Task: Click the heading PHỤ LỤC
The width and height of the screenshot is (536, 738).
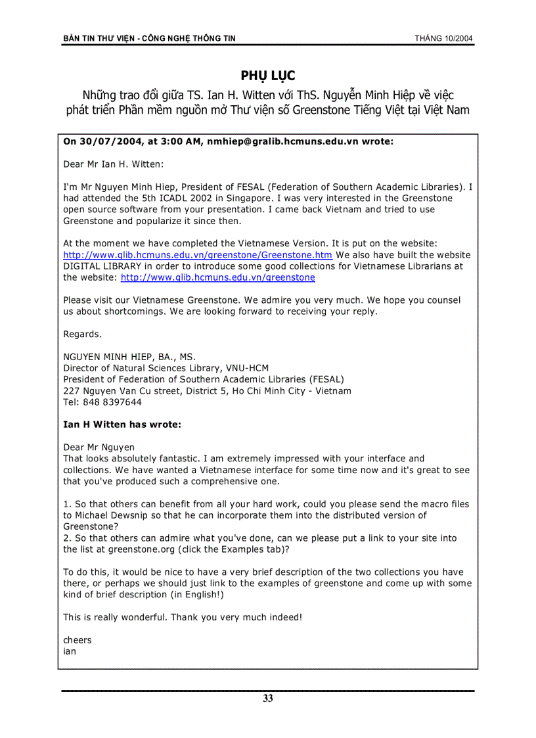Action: coord(268,76)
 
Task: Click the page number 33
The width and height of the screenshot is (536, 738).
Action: coord(268,699)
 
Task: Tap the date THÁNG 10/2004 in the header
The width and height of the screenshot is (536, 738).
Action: coord(443,39)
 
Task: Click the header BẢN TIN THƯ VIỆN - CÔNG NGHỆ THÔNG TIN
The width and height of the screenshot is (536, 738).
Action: coord(149,39)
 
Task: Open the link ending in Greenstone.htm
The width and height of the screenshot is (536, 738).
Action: coord(198,255)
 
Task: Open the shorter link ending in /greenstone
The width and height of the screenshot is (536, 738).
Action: coord(217,277)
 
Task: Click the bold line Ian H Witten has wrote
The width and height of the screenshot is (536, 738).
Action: coord(122,425)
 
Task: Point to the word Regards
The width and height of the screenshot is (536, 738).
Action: coord(82,334)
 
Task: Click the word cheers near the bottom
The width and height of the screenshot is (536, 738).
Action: coord(78,640)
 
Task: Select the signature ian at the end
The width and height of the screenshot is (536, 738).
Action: coord(70,651)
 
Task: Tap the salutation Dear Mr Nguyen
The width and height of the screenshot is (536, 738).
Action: coord(99,448)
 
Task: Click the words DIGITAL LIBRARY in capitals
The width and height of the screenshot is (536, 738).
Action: coord(103,266)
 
